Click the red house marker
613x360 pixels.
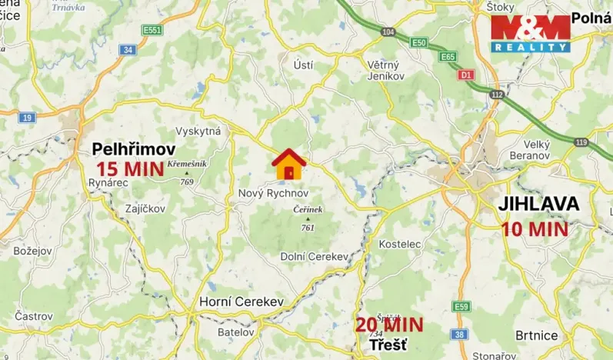pyautogui.click(x=288, y=163)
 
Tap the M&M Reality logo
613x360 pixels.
pyautogui.click(x=531, y=34)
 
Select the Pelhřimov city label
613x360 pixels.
pyautogui.click(x=134, y=149)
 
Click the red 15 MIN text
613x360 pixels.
pyautogui.click(x=129, y=168)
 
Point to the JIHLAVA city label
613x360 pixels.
pyautogui.click(x=538, y=205)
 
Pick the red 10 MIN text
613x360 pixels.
pyautogui.click(x=535, y=228)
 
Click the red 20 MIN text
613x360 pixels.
pyautogui.click(x=389, y=325)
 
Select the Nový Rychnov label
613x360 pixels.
pyautogui.click(x=273, y=192)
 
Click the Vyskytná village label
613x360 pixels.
pyautogui.click(x=198, y=132)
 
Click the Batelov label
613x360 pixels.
pyautogui.click(x=235, y=333)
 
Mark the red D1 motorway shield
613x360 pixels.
pyautogui.click(x=465, y=75)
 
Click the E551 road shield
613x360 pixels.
pyautogui.click(x=152, y=31)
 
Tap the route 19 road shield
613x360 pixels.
pyautogui.click(x=27, y=118)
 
